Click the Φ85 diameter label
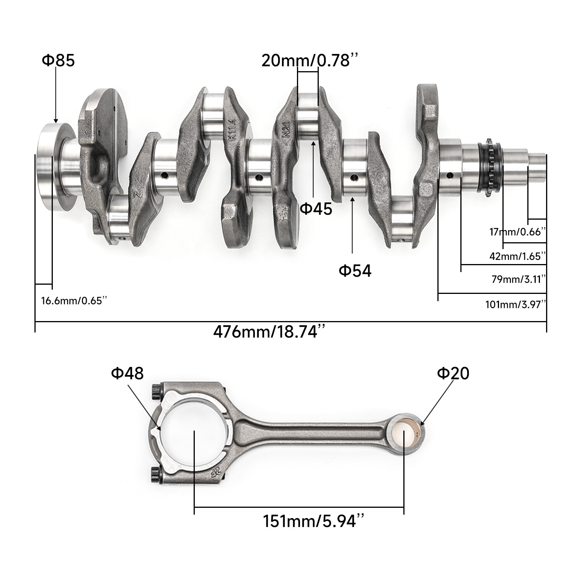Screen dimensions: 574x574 58,60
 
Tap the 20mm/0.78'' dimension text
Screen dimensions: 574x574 310,60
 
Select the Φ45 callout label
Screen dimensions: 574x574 316,209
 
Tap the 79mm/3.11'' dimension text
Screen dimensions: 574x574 519,279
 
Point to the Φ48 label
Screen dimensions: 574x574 127,373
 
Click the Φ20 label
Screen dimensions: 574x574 453,373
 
